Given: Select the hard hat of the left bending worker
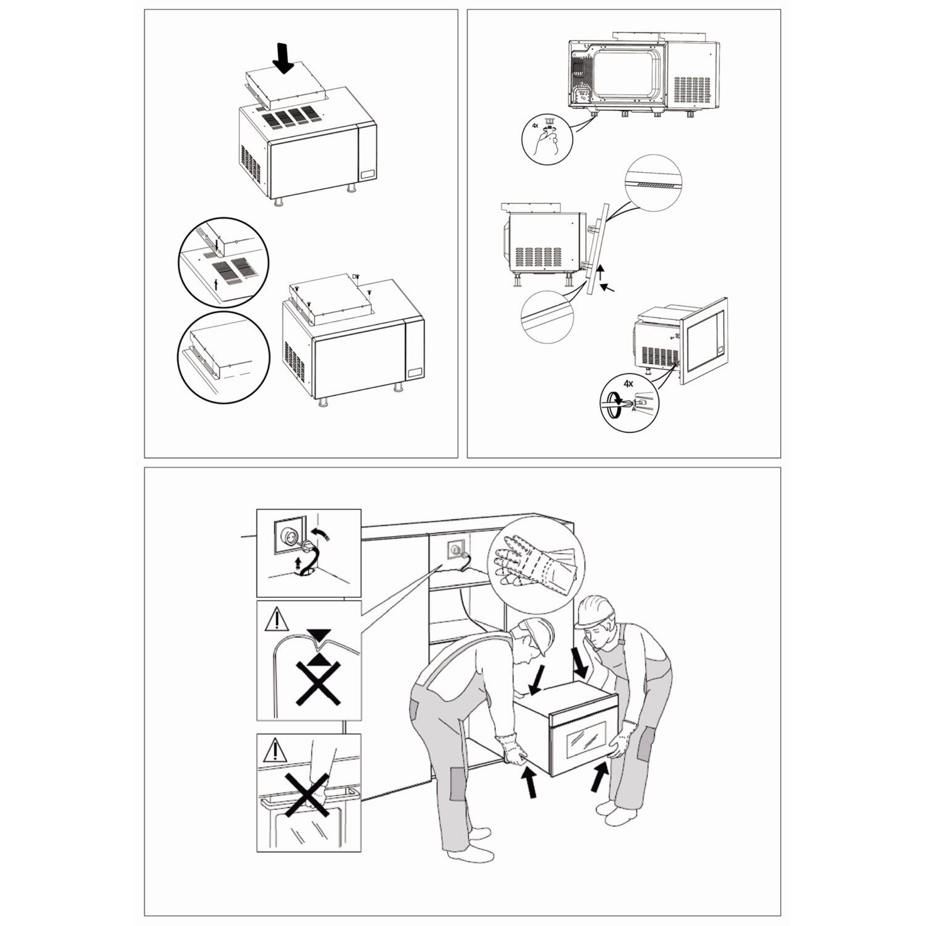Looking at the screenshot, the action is click(x=540, y=636).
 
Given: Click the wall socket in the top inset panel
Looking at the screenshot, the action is click(x=289, y=537).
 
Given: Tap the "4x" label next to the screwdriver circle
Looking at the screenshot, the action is click(x=628, y=383).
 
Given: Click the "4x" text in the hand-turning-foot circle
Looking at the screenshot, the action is click(x=535, y=126).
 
